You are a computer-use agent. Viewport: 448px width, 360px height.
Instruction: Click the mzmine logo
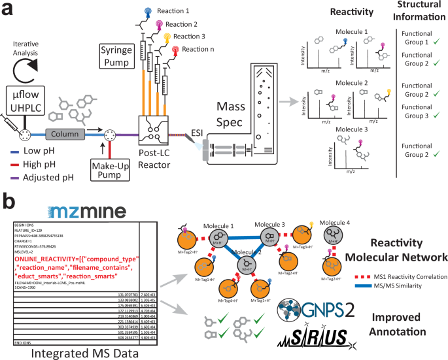click(x=55, y=213)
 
